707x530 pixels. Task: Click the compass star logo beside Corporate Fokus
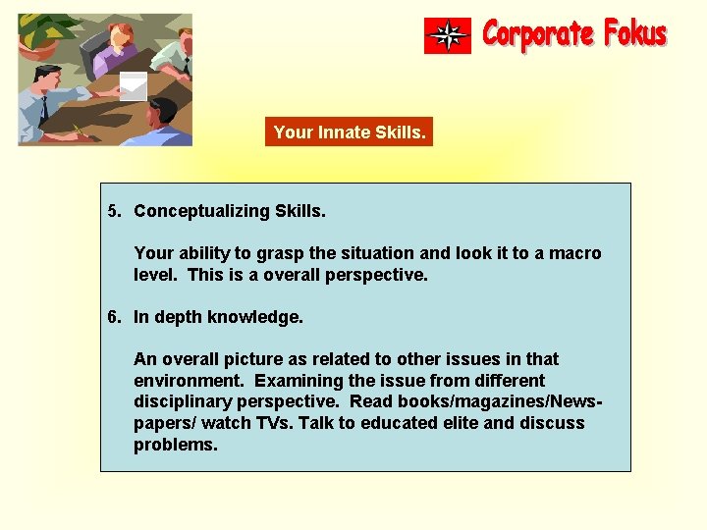click(x=448, y=35)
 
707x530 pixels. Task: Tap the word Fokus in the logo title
click(x=635, y=34)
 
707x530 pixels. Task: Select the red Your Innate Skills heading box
click(x=349, y=132)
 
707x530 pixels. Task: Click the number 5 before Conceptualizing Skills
click(x=114, y=211)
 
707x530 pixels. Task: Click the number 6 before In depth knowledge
click(x=114, y=317)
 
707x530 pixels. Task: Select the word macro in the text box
click(x=577, y=253)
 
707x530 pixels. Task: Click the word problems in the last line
click(x=175, y=445)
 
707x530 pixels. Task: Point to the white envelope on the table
click(x=133, y=85)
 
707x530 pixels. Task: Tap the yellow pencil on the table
click(x=78, y=131)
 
